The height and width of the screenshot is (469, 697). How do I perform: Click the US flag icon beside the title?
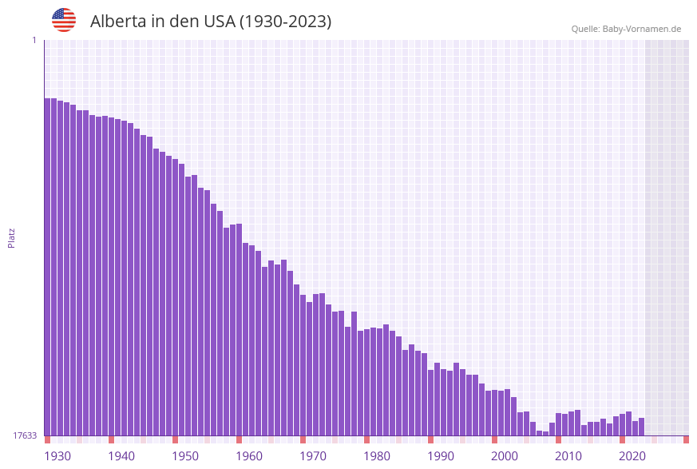(x=64, y=20)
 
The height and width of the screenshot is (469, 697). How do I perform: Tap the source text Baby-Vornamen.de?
(x=643, y=29)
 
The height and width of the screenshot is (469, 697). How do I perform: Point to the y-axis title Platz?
(x=12, y=236)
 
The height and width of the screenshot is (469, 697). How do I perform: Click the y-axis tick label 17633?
(x=25, y=435)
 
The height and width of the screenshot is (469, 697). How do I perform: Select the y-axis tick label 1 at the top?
(x=34, y=40)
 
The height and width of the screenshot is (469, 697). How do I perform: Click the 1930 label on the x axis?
(x=57, y=456)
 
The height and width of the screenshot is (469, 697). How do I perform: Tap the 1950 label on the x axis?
(x=185, y=456)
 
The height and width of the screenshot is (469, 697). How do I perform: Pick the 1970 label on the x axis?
(x=313, y=456)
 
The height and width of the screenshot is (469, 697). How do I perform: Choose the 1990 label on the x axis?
(x=441, y=456)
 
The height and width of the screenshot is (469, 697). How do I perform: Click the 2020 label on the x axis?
(x=632, y=456)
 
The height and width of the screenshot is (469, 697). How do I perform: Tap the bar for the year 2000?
(x=494, y=412)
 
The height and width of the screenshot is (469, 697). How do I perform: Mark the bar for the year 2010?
(x=558, y=424)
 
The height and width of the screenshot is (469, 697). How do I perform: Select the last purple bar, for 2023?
(x=641, y=427)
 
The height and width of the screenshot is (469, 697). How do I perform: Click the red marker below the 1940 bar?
(x=111, y=439)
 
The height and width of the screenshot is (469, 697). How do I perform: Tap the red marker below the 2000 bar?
(x=494, y=439)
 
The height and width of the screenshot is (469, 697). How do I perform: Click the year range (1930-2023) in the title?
(x=285, y=22)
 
